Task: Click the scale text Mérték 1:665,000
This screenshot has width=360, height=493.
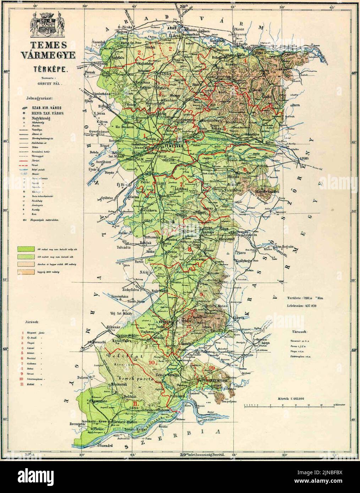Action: click(291, 398)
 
